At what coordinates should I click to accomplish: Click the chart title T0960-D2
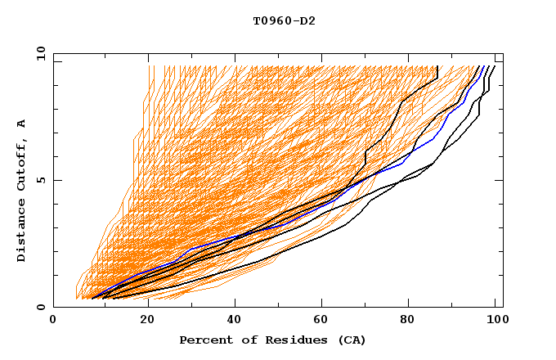pyautogui.click(x=284, y=21)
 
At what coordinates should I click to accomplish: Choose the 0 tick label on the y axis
pyautogui.click(x=42, y=308)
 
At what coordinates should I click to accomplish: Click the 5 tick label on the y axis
pyautogui.click(x=42, y=180)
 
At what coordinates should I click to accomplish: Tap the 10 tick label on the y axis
pyautogui.click(x=39, y=53)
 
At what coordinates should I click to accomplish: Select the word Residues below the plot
pyautogui.click(x=293, y=340)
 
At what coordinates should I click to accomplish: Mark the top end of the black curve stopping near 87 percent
pyautogui.click(x=437, y=67)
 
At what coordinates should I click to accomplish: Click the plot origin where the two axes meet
pyautogui.click(x=54, y=307)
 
